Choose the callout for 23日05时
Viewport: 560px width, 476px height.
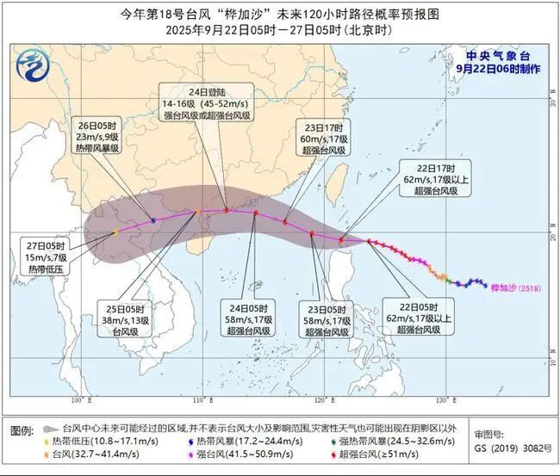328,318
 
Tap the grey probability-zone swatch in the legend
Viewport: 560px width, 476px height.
52,428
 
